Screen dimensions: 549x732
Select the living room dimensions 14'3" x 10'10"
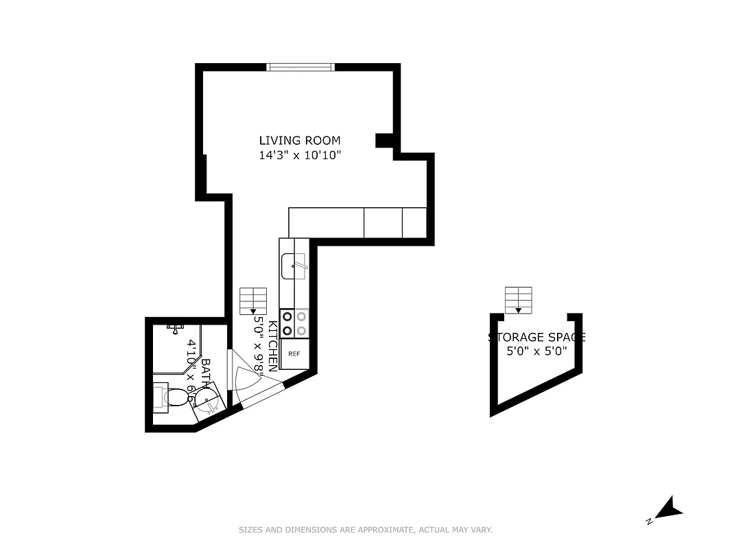point(299,156)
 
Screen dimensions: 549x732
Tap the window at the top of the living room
point(300,67)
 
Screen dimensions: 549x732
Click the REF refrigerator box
point(294,354)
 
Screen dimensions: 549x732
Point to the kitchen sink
point(294,266)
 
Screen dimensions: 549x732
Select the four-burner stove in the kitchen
point(294,323)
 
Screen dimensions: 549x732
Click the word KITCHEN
point(272,347)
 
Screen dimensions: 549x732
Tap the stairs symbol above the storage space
point(518,299)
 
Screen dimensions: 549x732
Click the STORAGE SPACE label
point(536,338)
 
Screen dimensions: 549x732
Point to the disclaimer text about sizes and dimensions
point(366,530)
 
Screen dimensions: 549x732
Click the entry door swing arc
point(248,379)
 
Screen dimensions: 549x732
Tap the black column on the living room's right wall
point(385,141)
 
